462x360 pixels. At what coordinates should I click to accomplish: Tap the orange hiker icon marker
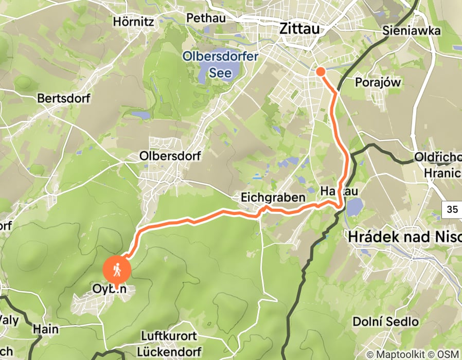pos(117,270)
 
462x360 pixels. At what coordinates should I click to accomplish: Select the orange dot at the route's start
pos(320,71)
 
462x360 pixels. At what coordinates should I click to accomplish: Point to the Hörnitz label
pos(134,22)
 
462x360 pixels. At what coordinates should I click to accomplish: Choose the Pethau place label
pos(206,18)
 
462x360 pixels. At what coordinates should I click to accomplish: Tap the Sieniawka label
pos(412,31)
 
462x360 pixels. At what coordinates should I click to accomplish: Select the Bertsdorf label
pos(64,98)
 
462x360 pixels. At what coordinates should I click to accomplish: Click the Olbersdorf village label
pos(170,155)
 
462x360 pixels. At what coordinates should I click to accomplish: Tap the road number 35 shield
pos(452,209)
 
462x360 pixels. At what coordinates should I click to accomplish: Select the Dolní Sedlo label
pos(386,322)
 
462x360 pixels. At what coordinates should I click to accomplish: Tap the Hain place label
pos(45,328)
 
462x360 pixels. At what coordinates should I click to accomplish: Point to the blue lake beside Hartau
pos(354,208)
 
